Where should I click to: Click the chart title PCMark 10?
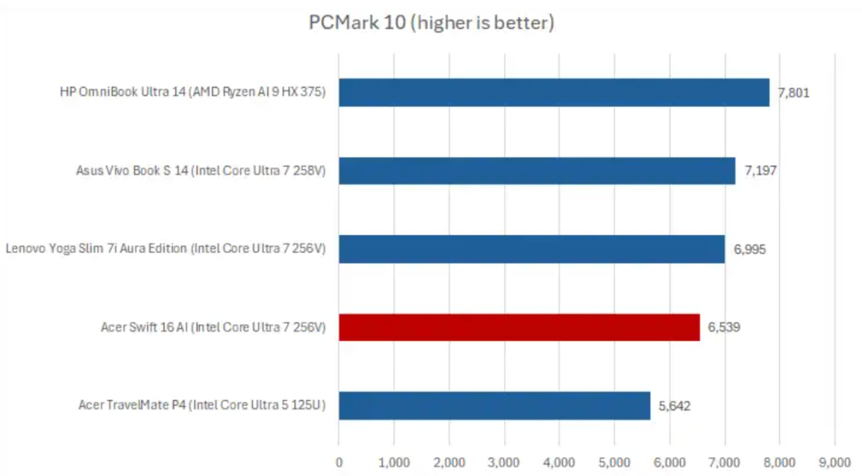click(431, 23)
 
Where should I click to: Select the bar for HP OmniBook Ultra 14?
click(554, 93)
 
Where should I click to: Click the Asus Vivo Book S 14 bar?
click(537, 171)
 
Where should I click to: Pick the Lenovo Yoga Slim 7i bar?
click(531, 249)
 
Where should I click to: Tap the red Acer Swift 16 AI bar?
click(519, 327)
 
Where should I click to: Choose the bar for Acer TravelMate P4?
click(494, 405)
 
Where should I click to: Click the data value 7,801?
click(794, 93)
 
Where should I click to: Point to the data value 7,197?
click(760, 171)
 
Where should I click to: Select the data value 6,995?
click(749, 249)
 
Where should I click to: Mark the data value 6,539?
click(725, 327)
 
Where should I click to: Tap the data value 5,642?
click(675, 405)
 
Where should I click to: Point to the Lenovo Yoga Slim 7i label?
click(165, 249)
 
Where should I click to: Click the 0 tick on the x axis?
click(339, 462)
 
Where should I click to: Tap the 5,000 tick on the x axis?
click(614, 462)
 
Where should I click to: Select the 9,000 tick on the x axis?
click(834, 462)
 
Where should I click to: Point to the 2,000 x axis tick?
click(449, 462)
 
